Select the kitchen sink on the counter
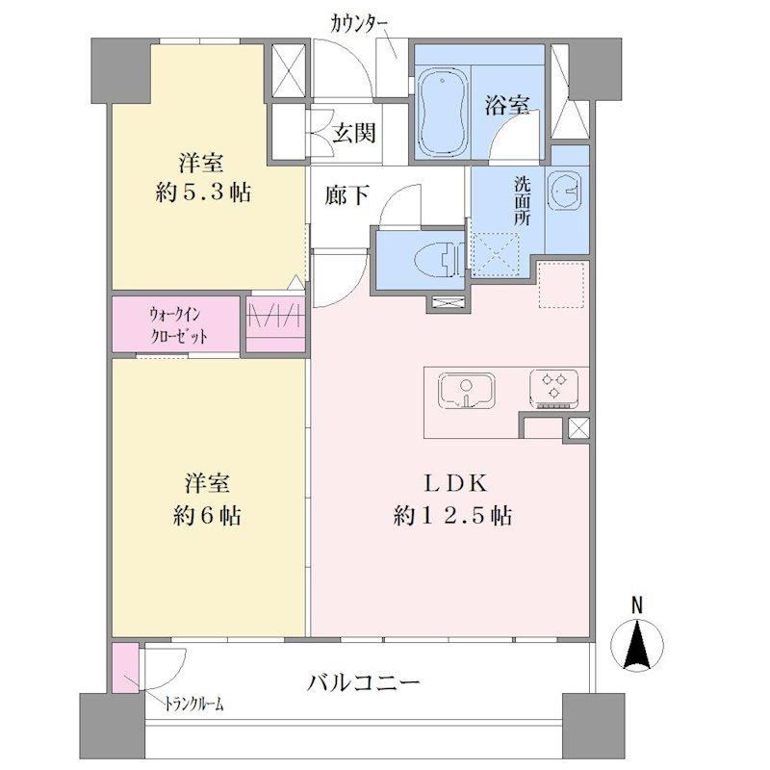tap(466, 390)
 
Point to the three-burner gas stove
tap(554, 389)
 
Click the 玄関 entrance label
tap(354, 133)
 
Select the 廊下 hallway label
tap(346, 195)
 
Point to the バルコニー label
tap(363, 683)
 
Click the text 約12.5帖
tap(452, 516)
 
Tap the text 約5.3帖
tap(203, 192)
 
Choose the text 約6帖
tap(207, 516)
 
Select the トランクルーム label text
tap(193, 705)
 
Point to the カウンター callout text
tap(359, 23)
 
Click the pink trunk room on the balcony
tap(125, 668)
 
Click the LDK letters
tap(455, 484)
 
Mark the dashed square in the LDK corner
tap(561, 285)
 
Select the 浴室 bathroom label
tap(507, 105)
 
